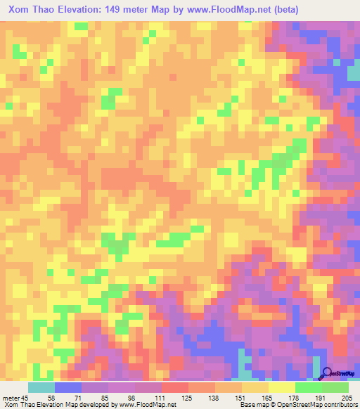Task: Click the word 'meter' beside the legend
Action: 11,397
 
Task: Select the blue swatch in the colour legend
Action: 68,387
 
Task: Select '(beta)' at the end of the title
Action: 279,10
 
